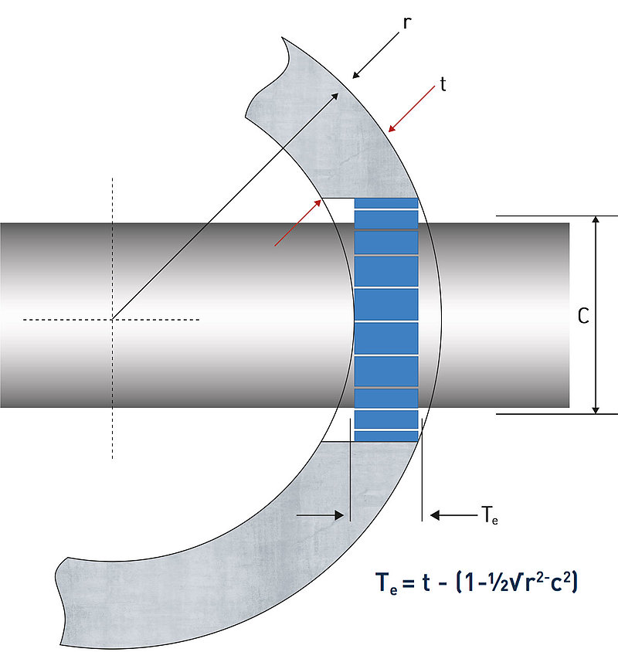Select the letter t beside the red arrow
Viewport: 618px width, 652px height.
[443, 84]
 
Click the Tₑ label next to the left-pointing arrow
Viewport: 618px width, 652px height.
[489, 514]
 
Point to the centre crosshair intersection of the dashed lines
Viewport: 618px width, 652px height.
[113, 319]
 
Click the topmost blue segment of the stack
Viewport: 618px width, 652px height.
[386, 203]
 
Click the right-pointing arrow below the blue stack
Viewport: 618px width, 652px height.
[321, 514]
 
